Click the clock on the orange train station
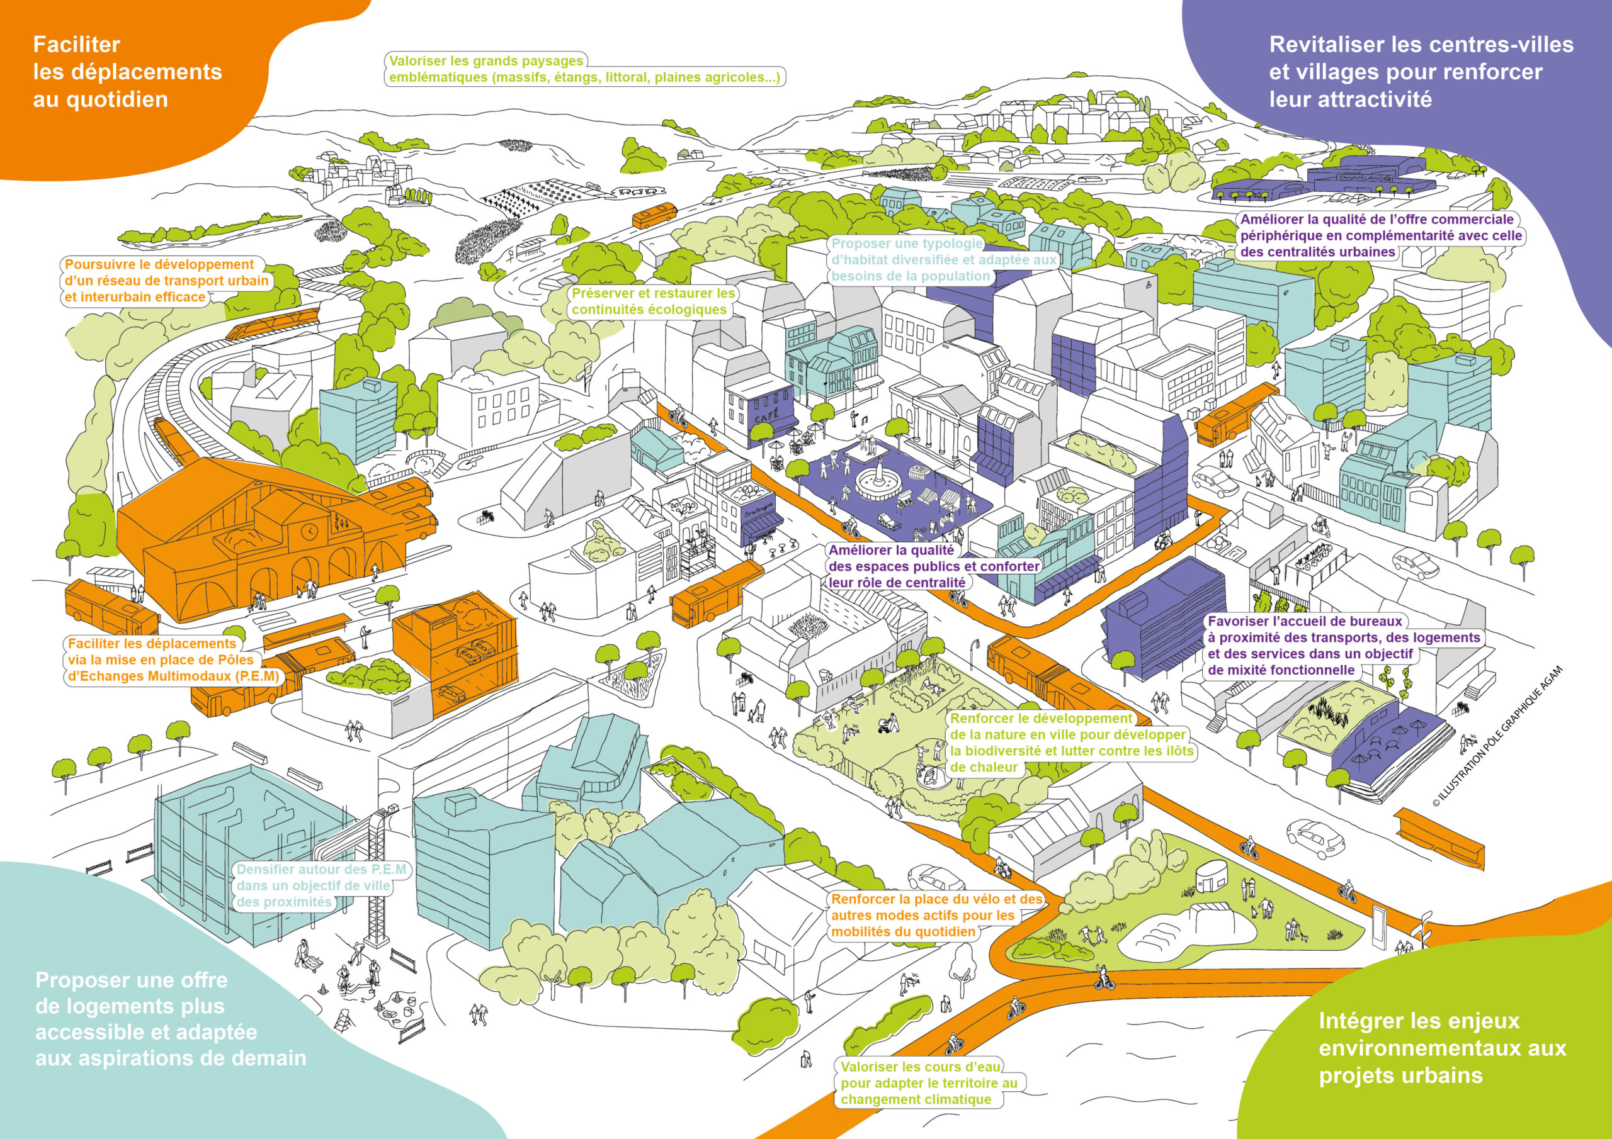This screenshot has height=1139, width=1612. coord(309,532)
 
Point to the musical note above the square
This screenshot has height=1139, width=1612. coord(865,418)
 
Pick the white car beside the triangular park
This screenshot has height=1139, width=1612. coord(1315,837)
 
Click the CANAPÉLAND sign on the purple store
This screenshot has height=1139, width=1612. coord(1363,179)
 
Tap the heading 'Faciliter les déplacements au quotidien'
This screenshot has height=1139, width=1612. coord(127,72)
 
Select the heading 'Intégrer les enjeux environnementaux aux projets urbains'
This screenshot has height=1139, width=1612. coord(1442,1048)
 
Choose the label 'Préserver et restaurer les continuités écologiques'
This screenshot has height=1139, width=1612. coord(653,301)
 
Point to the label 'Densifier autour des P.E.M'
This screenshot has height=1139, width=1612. coord(321,870)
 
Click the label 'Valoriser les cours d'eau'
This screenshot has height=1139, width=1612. coord(921,1067)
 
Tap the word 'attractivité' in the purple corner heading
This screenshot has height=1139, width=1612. coord(1350,99)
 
